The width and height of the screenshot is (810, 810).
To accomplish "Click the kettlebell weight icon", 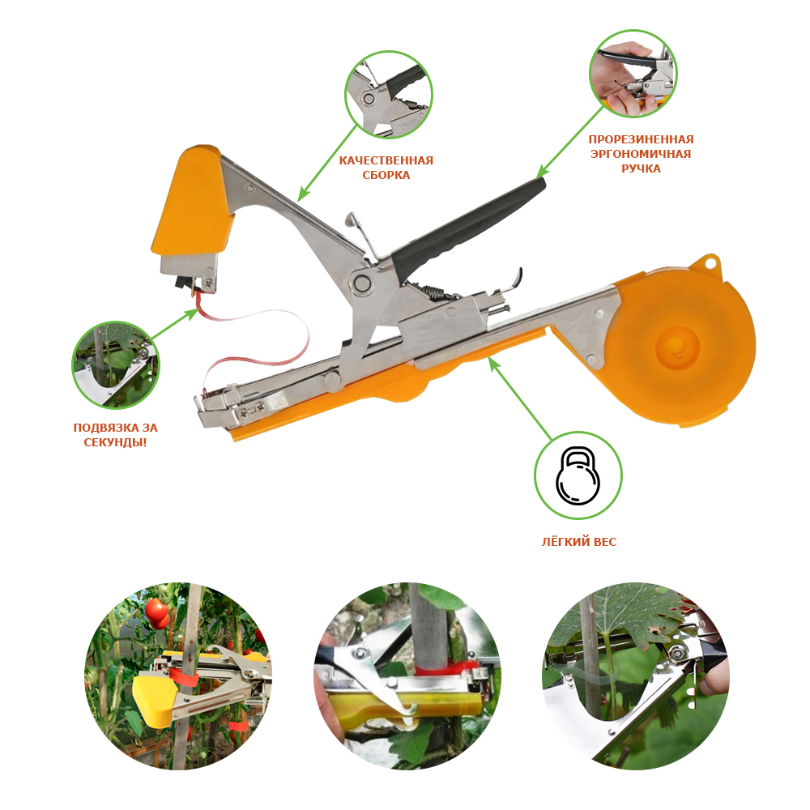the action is coord(578,475).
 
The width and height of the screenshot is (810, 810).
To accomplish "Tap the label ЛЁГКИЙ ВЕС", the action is coord(578,541).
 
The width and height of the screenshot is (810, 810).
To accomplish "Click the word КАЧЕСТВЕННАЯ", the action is coord(386,160).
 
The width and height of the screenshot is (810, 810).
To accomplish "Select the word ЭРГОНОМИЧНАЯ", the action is coord(641,153).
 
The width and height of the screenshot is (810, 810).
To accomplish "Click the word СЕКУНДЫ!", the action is coord(115,442).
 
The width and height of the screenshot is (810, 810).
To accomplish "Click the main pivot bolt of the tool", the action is coord(362,282).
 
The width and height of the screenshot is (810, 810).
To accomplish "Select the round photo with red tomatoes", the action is coord(177,676).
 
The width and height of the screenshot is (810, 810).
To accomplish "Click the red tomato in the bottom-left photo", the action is coord(157,612).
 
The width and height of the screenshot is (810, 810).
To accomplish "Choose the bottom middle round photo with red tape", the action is coord(407,676).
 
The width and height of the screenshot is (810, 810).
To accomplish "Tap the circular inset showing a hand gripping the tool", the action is coord(633,74).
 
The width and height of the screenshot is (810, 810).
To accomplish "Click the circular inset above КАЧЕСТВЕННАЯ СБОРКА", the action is coord(389,94).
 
